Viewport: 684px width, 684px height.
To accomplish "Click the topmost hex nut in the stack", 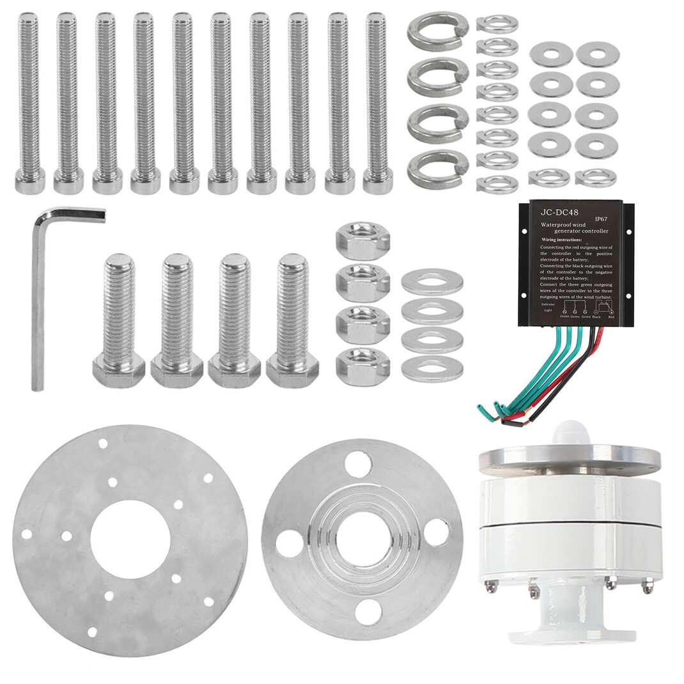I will point(362,240).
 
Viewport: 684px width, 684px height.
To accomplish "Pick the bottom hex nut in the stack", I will point(362,366).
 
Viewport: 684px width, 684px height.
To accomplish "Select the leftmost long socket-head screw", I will point(29,102).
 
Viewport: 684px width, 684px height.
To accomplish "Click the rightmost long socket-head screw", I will point(377,102).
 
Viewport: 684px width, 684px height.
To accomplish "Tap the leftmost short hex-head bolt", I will point(119,320).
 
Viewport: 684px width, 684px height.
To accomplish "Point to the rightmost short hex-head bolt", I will point(293,320).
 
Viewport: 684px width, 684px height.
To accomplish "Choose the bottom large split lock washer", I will point(438,169).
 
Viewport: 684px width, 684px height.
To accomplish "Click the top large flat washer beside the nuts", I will point(432,282).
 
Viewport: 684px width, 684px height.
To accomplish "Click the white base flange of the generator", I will point(571,633).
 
